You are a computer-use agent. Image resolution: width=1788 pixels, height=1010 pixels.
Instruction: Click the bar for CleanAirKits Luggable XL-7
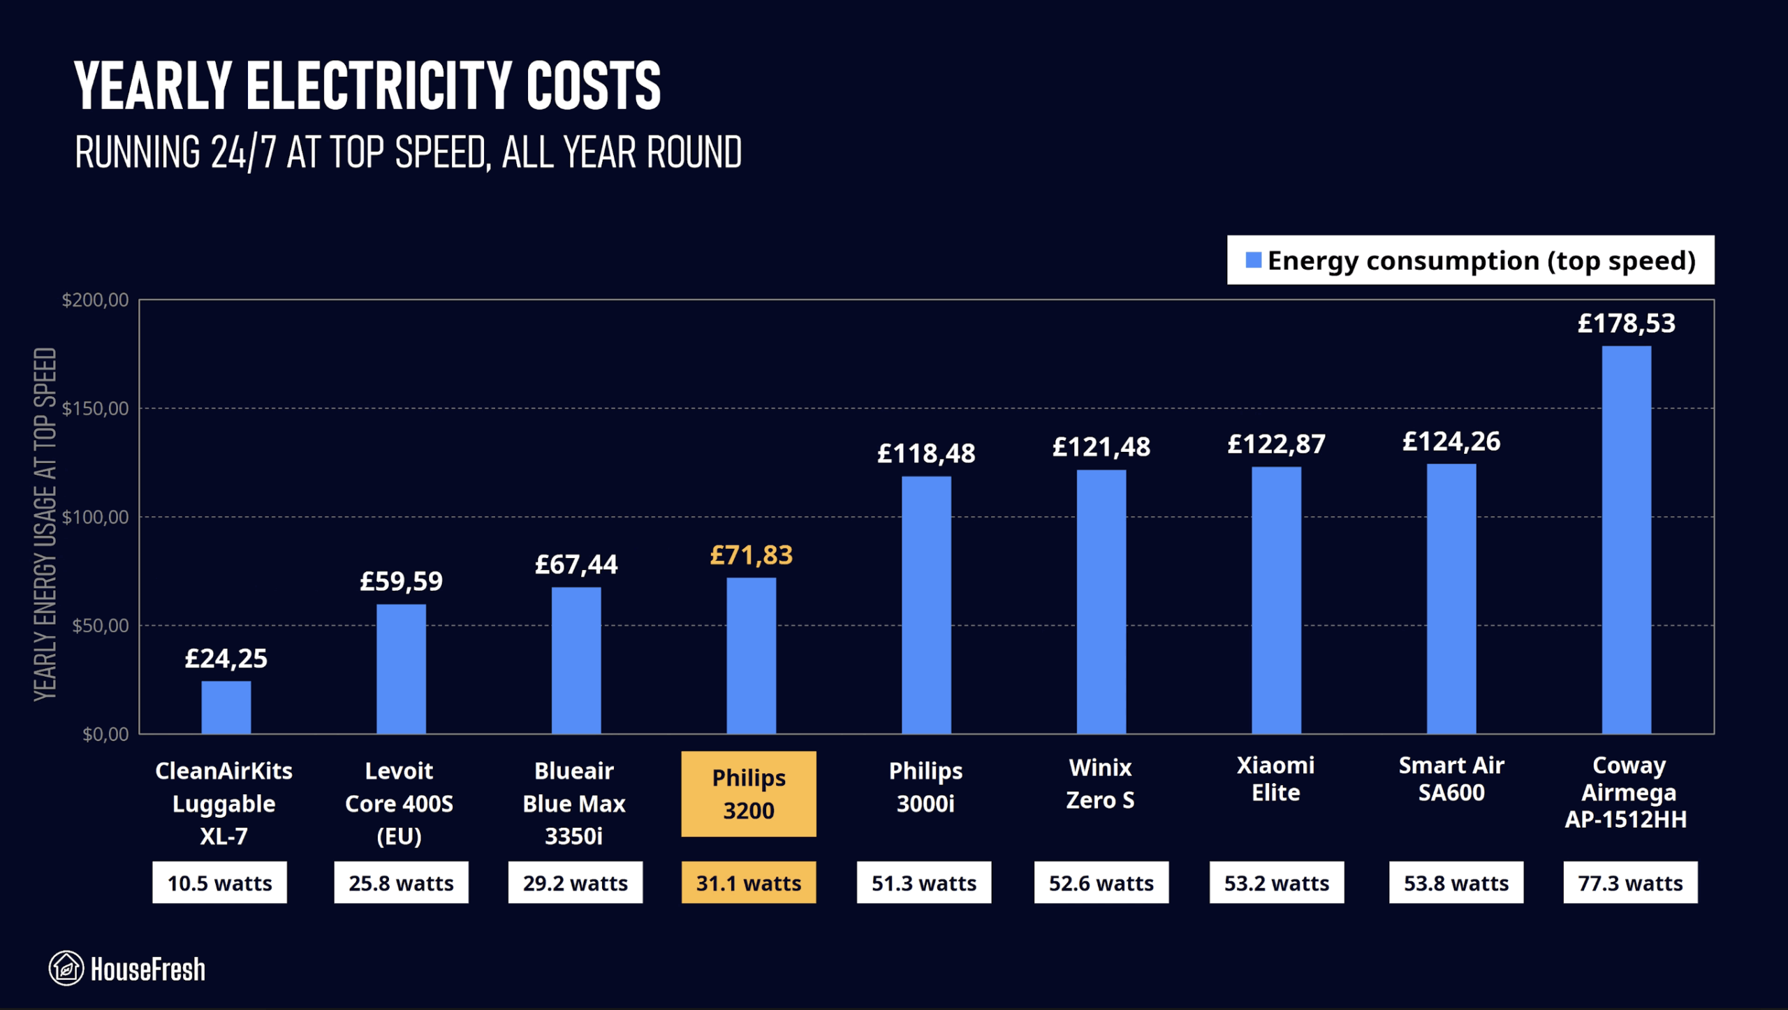coord(226,707)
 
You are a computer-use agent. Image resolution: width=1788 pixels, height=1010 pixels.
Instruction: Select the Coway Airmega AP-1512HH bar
coord(1626,539)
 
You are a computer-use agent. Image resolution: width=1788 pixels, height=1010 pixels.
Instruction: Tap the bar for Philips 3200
coord(751,655)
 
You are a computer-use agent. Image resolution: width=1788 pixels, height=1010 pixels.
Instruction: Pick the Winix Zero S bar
coord(1101,601)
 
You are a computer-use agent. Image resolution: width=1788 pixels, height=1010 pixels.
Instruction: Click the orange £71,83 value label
coord(751,555)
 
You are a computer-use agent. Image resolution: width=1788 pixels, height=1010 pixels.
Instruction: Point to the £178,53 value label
coord(1626,323)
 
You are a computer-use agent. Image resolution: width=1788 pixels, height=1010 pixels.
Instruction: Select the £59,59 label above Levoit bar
coord(401,581)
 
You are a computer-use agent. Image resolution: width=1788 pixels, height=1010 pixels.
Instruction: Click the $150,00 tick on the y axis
coord(96,409)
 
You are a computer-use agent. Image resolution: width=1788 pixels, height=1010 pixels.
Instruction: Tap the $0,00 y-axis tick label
coord(105,734)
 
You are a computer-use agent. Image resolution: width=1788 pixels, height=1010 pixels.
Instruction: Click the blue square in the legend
coord(1254,261)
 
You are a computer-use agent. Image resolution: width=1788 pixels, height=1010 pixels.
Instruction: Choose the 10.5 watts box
coord(219,883)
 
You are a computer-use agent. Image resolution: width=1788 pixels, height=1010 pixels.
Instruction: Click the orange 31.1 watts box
coord(749,883)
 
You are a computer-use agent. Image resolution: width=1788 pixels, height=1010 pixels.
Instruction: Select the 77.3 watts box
coord(1630,883)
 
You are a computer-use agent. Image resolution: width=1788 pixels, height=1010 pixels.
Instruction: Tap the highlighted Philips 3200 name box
coord(749,794)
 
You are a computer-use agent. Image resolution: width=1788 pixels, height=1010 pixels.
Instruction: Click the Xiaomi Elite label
coord(1275,779)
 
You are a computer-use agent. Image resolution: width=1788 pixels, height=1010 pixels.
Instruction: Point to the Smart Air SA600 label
coord(1451,779)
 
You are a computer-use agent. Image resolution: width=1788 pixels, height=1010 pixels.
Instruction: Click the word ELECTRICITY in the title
coord(378,86)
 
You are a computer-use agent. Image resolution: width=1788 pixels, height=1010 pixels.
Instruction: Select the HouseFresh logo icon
coord(66,968)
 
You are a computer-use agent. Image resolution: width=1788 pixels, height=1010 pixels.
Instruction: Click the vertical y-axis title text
coord(45,524)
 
